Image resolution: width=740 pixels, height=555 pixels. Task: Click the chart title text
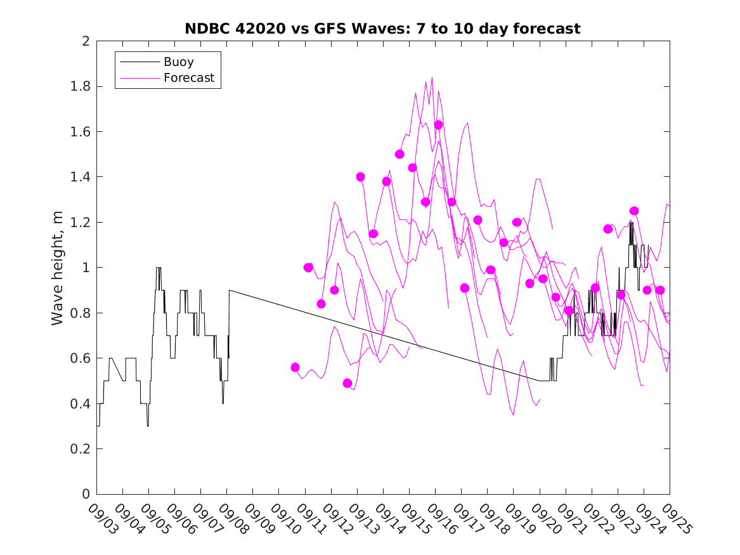pyautogui.click(x=382, y=29)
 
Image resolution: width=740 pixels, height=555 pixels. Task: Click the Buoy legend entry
pyautogui.click(x=178, y=62)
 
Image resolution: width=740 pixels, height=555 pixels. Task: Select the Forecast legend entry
pyautogui.click(x=188, y=79)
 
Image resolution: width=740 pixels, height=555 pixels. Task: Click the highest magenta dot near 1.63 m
pyautogui.click(x=438, y=125)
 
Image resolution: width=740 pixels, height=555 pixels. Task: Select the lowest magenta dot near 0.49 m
pyautogui.click(x=347, y=383)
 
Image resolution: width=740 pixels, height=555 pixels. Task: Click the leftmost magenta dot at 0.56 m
pyautogui.click(x=295, y=367)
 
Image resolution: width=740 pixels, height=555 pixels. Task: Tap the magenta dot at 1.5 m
pyautogui.click(x=399, y=154)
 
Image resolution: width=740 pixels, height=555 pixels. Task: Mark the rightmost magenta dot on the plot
pyautogui.click(x=659, y=290)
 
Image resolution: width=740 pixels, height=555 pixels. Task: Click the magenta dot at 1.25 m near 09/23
pyautogui.click(x=633, y=211)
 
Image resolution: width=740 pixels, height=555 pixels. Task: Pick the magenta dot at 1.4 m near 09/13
pyautogui.click(x=360, y=177)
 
